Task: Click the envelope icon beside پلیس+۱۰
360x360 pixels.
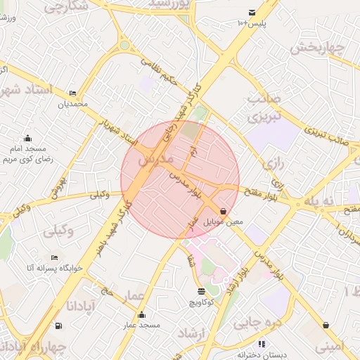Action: pyautogui.click(x=252, y=13)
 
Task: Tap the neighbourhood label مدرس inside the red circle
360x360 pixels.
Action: pyautogui.click(x=155, y=161)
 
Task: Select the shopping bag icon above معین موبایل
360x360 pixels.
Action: pyautogui.click(x=223, y=210)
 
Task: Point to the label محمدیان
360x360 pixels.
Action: pyautogui.click(x=72, y=104)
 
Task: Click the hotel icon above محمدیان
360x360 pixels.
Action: pyautogui.click(x=72, y=94)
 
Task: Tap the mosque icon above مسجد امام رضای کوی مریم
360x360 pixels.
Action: pyautogui.click(x=27, y=138)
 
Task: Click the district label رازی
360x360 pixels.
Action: pyautogui.click(x=271, y=167)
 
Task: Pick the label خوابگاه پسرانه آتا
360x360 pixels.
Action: pyautogui.click(x=55, y=268)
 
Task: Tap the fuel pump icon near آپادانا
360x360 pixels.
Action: pyautogui.click(x=57, y=326)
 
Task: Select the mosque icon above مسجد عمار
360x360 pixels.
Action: pyautogui.click(x=142, y=314)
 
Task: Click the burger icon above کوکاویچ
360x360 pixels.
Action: pyautogui.click(x=202, y=290)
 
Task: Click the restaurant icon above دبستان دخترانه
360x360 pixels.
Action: pyautogui.click(x=262, y=344)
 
